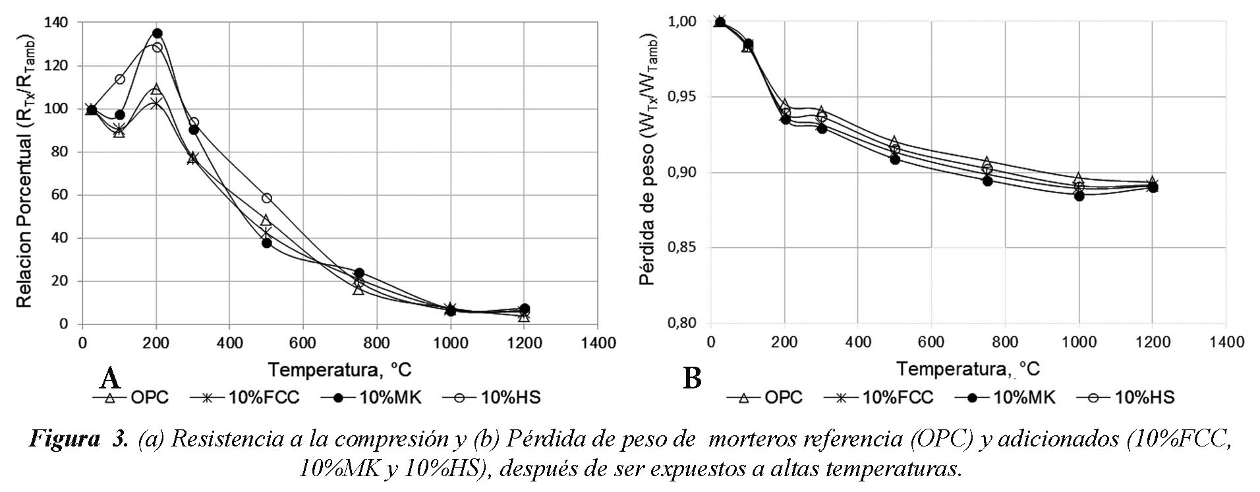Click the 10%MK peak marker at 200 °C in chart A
pos(157,34)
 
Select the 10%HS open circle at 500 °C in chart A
pos(266,198)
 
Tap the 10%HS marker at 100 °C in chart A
pos(119,79)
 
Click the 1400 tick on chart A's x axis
pos(597,343)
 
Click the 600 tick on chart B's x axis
pos(931,342)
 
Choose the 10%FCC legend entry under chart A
pos(245,398)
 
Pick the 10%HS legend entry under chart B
pos(1126,398)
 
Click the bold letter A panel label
pos(109,379)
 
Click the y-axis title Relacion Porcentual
pos(24,171)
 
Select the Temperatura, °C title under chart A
pos(339,369)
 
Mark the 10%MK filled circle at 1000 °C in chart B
pos(1079,196)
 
